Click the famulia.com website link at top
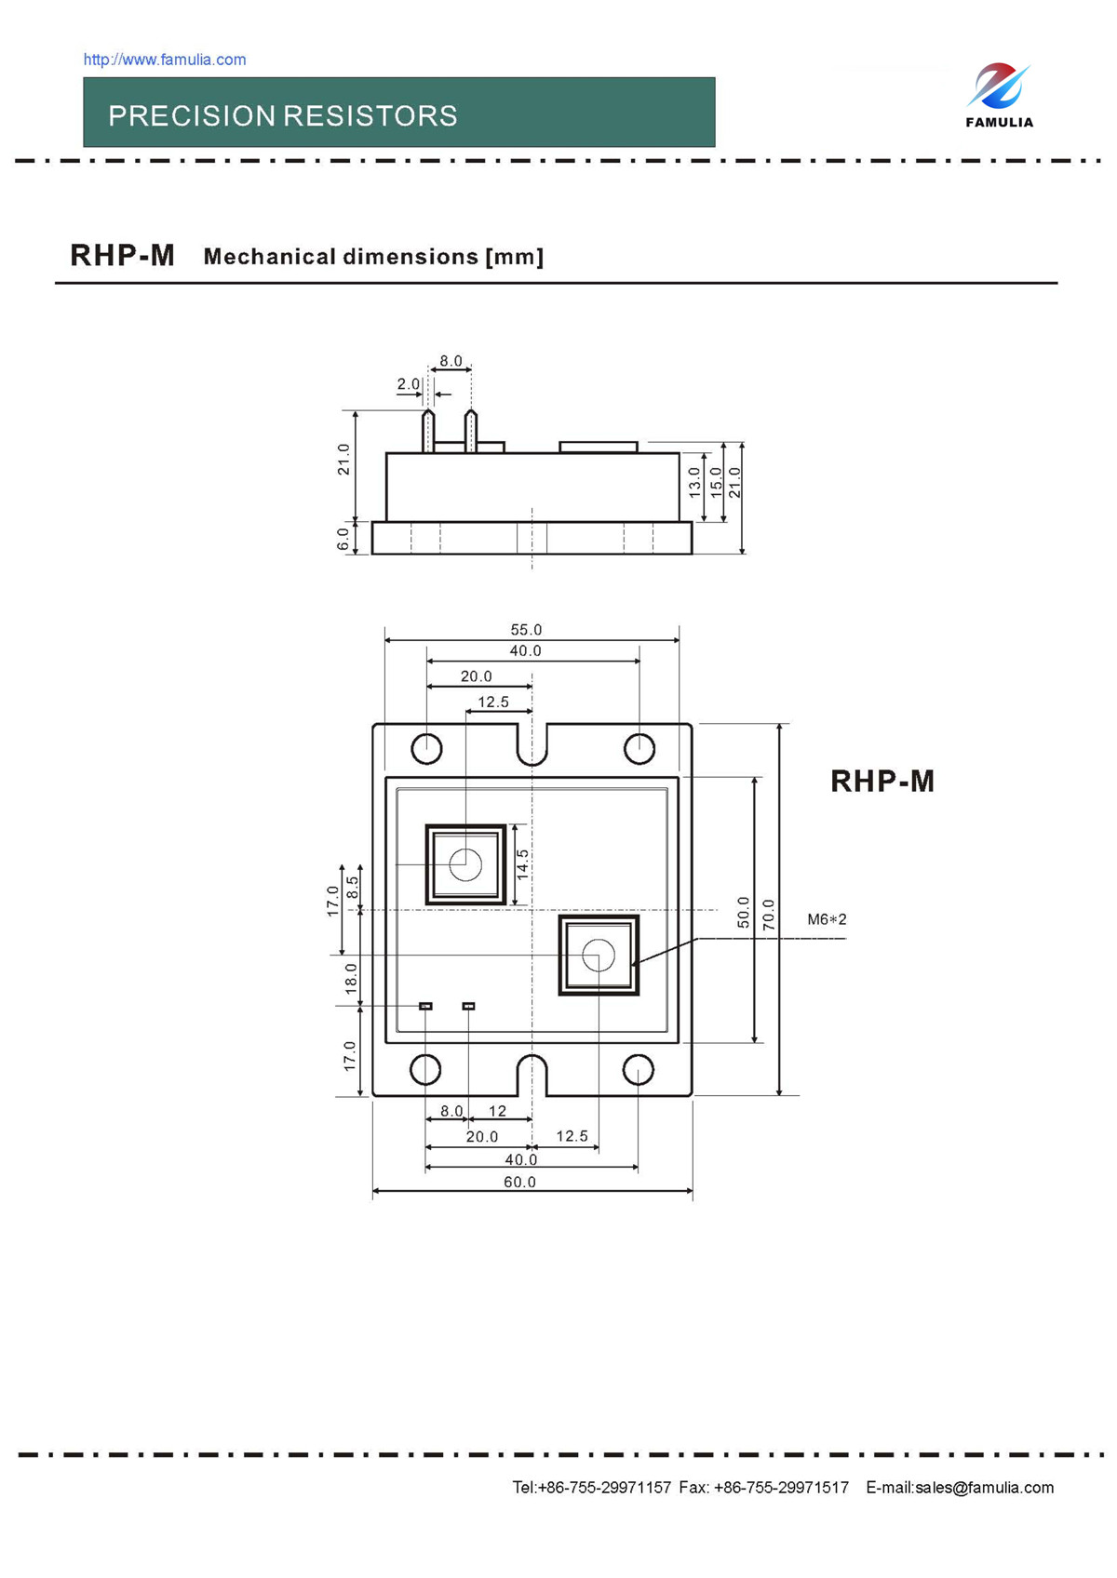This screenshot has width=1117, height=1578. coord(165,60)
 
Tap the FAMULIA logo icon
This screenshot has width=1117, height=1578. coord(998,87)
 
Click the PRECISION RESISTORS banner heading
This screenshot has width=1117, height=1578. coord(282,115)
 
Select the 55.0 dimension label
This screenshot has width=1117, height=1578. coord(526,630)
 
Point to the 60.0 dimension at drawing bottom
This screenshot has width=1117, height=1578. coord(519,1182)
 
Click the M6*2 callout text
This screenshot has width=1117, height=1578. coord(827,919)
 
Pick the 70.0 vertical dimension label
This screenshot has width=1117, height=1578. coord(769,914)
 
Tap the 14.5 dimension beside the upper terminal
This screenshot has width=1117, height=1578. coord(522,864)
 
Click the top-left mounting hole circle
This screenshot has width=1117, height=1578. coord(426,748)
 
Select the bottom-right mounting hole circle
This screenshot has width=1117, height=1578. coord(638,1070)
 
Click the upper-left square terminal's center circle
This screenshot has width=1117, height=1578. coord(465,864)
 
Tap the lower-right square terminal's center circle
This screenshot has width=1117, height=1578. coord(599,955)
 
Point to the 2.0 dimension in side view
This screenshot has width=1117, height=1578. coord(408,383)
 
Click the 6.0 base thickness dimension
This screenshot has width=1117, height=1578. coord(343,539)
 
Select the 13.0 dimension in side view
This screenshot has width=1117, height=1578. coord(694,482)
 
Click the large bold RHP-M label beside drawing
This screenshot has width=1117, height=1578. coord(881,781)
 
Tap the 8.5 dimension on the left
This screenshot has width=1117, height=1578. coord(353,887)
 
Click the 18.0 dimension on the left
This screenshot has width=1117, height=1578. coord(351,978)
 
